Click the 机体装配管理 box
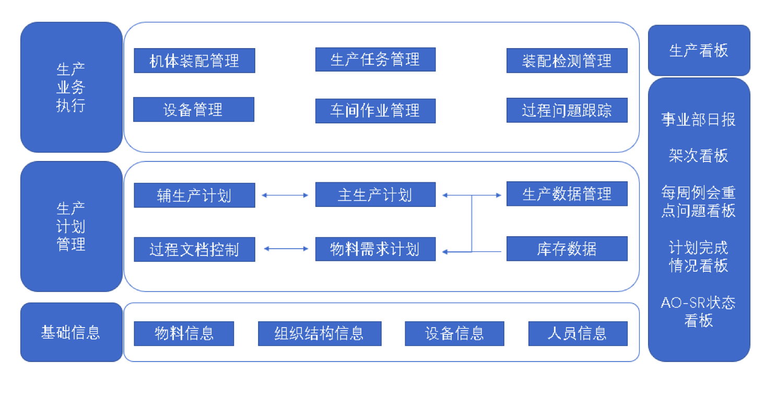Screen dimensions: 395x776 194,61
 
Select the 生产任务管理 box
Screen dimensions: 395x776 375,59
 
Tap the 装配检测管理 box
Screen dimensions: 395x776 567,61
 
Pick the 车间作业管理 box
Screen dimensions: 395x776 375,111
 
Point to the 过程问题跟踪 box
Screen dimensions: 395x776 567,111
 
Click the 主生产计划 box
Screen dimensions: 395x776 375,195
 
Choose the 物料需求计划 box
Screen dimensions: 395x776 375,249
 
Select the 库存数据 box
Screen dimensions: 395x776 567,249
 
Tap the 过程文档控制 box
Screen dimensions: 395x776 194,249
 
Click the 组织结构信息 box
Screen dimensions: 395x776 320,333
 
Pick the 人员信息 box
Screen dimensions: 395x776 578,333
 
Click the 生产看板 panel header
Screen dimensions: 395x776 699,51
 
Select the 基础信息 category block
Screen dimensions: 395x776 71,332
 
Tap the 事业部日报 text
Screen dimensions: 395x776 699,120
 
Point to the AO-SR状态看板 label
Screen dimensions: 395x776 699,311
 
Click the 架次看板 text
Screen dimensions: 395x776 699,156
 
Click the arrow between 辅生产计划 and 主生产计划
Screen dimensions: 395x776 285,195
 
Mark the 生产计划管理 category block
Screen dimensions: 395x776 71,226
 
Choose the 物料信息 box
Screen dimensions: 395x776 184,333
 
